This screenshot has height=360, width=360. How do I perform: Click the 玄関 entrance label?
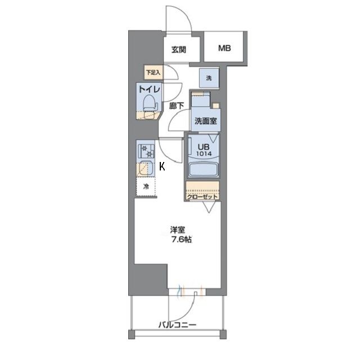(179, 49)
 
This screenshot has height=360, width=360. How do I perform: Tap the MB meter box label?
(226, 48)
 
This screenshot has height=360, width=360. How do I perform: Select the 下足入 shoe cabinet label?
(153, 72)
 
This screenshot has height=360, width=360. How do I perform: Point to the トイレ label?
(150, 89)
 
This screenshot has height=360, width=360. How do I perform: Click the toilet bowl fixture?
(149, 103)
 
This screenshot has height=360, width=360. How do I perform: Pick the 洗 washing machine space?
(208, 78)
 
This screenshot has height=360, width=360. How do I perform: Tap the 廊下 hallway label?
(177, 105)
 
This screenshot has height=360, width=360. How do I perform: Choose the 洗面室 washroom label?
(206, 120)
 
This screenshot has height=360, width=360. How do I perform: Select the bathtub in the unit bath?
(203, 169)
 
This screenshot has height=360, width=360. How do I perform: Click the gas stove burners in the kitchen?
(147, 150)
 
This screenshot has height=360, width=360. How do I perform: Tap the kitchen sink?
(145, 169)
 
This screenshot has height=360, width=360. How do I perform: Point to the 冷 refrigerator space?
(146, 187)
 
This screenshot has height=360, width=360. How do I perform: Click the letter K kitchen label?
(162, 166)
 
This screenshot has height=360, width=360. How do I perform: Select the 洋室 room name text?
(178, 229)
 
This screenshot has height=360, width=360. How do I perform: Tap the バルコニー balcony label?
(176, 325)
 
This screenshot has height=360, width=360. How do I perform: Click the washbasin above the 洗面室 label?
(201, 101)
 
